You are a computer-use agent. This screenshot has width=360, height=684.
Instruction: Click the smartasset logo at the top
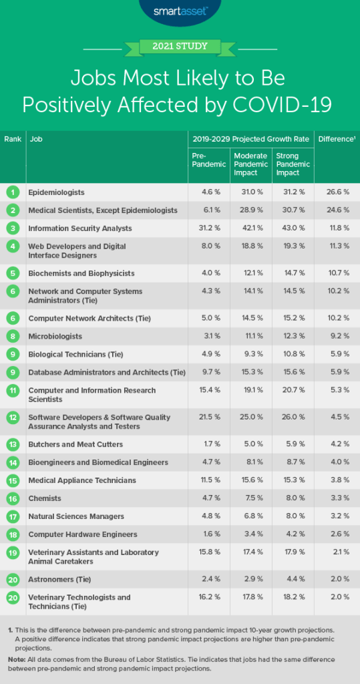[180, 11]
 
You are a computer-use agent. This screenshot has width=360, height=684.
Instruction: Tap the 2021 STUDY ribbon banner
[180, 46]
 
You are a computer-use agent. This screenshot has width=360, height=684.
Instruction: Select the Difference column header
[335, 139]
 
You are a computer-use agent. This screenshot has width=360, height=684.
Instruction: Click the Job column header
[35, 139]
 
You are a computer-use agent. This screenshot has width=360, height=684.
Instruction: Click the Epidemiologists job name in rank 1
[57, 192]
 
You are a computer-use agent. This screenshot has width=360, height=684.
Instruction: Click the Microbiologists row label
[55, 336]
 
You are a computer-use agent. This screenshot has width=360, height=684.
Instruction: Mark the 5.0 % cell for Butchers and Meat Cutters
[251, 444]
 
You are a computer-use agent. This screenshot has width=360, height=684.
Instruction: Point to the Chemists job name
[45, 498]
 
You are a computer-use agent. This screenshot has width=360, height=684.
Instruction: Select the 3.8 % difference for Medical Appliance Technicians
[338, 480]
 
